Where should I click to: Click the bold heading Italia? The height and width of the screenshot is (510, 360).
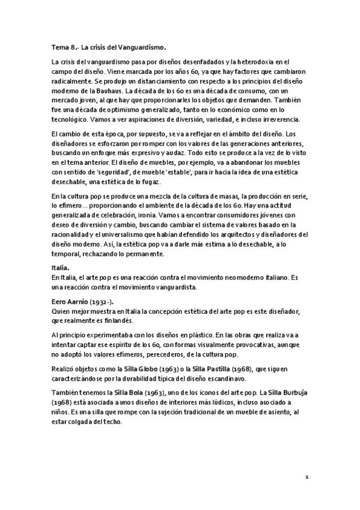click(x=61, y=268)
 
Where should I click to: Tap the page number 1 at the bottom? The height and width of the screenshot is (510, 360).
click(x=307, y=477)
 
